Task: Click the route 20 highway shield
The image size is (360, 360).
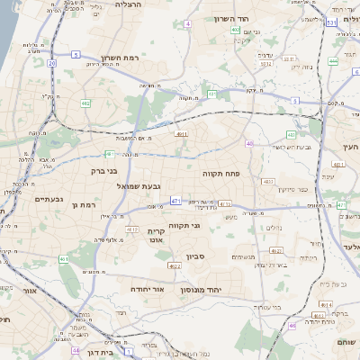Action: (52, 63)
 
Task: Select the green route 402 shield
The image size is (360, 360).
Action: (235, 30)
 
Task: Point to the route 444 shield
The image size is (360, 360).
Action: (333, 61)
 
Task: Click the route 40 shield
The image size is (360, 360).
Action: (249, 143)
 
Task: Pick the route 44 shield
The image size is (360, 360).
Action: (76, 349)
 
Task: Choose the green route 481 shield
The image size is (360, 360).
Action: (109, 154)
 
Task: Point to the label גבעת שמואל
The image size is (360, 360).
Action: (139, 185)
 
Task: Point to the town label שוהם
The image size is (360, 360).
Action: (345, 342)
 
